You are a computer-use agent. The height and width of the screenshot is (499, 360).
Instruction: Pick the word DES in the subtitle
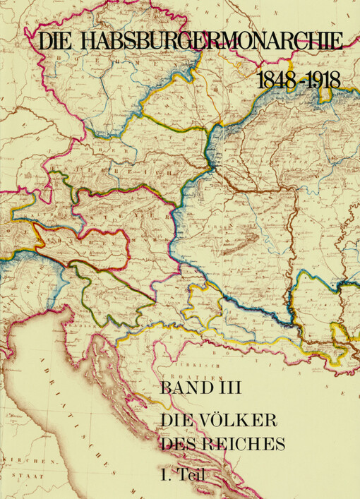point(177,445)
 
